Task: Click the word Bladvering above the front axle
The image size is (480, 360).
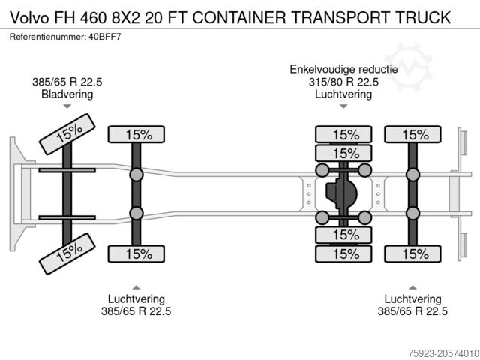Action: tap(68, 94)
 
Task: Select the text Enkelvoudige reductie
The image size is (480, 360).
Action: tap(344, 70)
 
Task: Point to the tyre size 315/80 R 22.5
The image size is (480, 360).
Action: tap(344, 82)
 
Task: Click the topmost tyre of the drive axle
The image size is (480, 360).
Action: tap(344, 135)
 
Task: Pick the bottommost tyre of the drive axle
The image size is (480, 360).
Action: tap(344, 253)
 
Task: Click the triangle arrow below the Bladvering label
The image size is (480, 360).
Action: tap(67, 108)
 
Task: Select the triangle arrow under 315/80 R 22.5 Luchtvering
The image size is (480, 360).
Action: tap(344, 107)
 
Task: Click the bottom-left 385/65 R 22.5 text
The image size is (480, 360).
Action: tap(136, 311)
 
